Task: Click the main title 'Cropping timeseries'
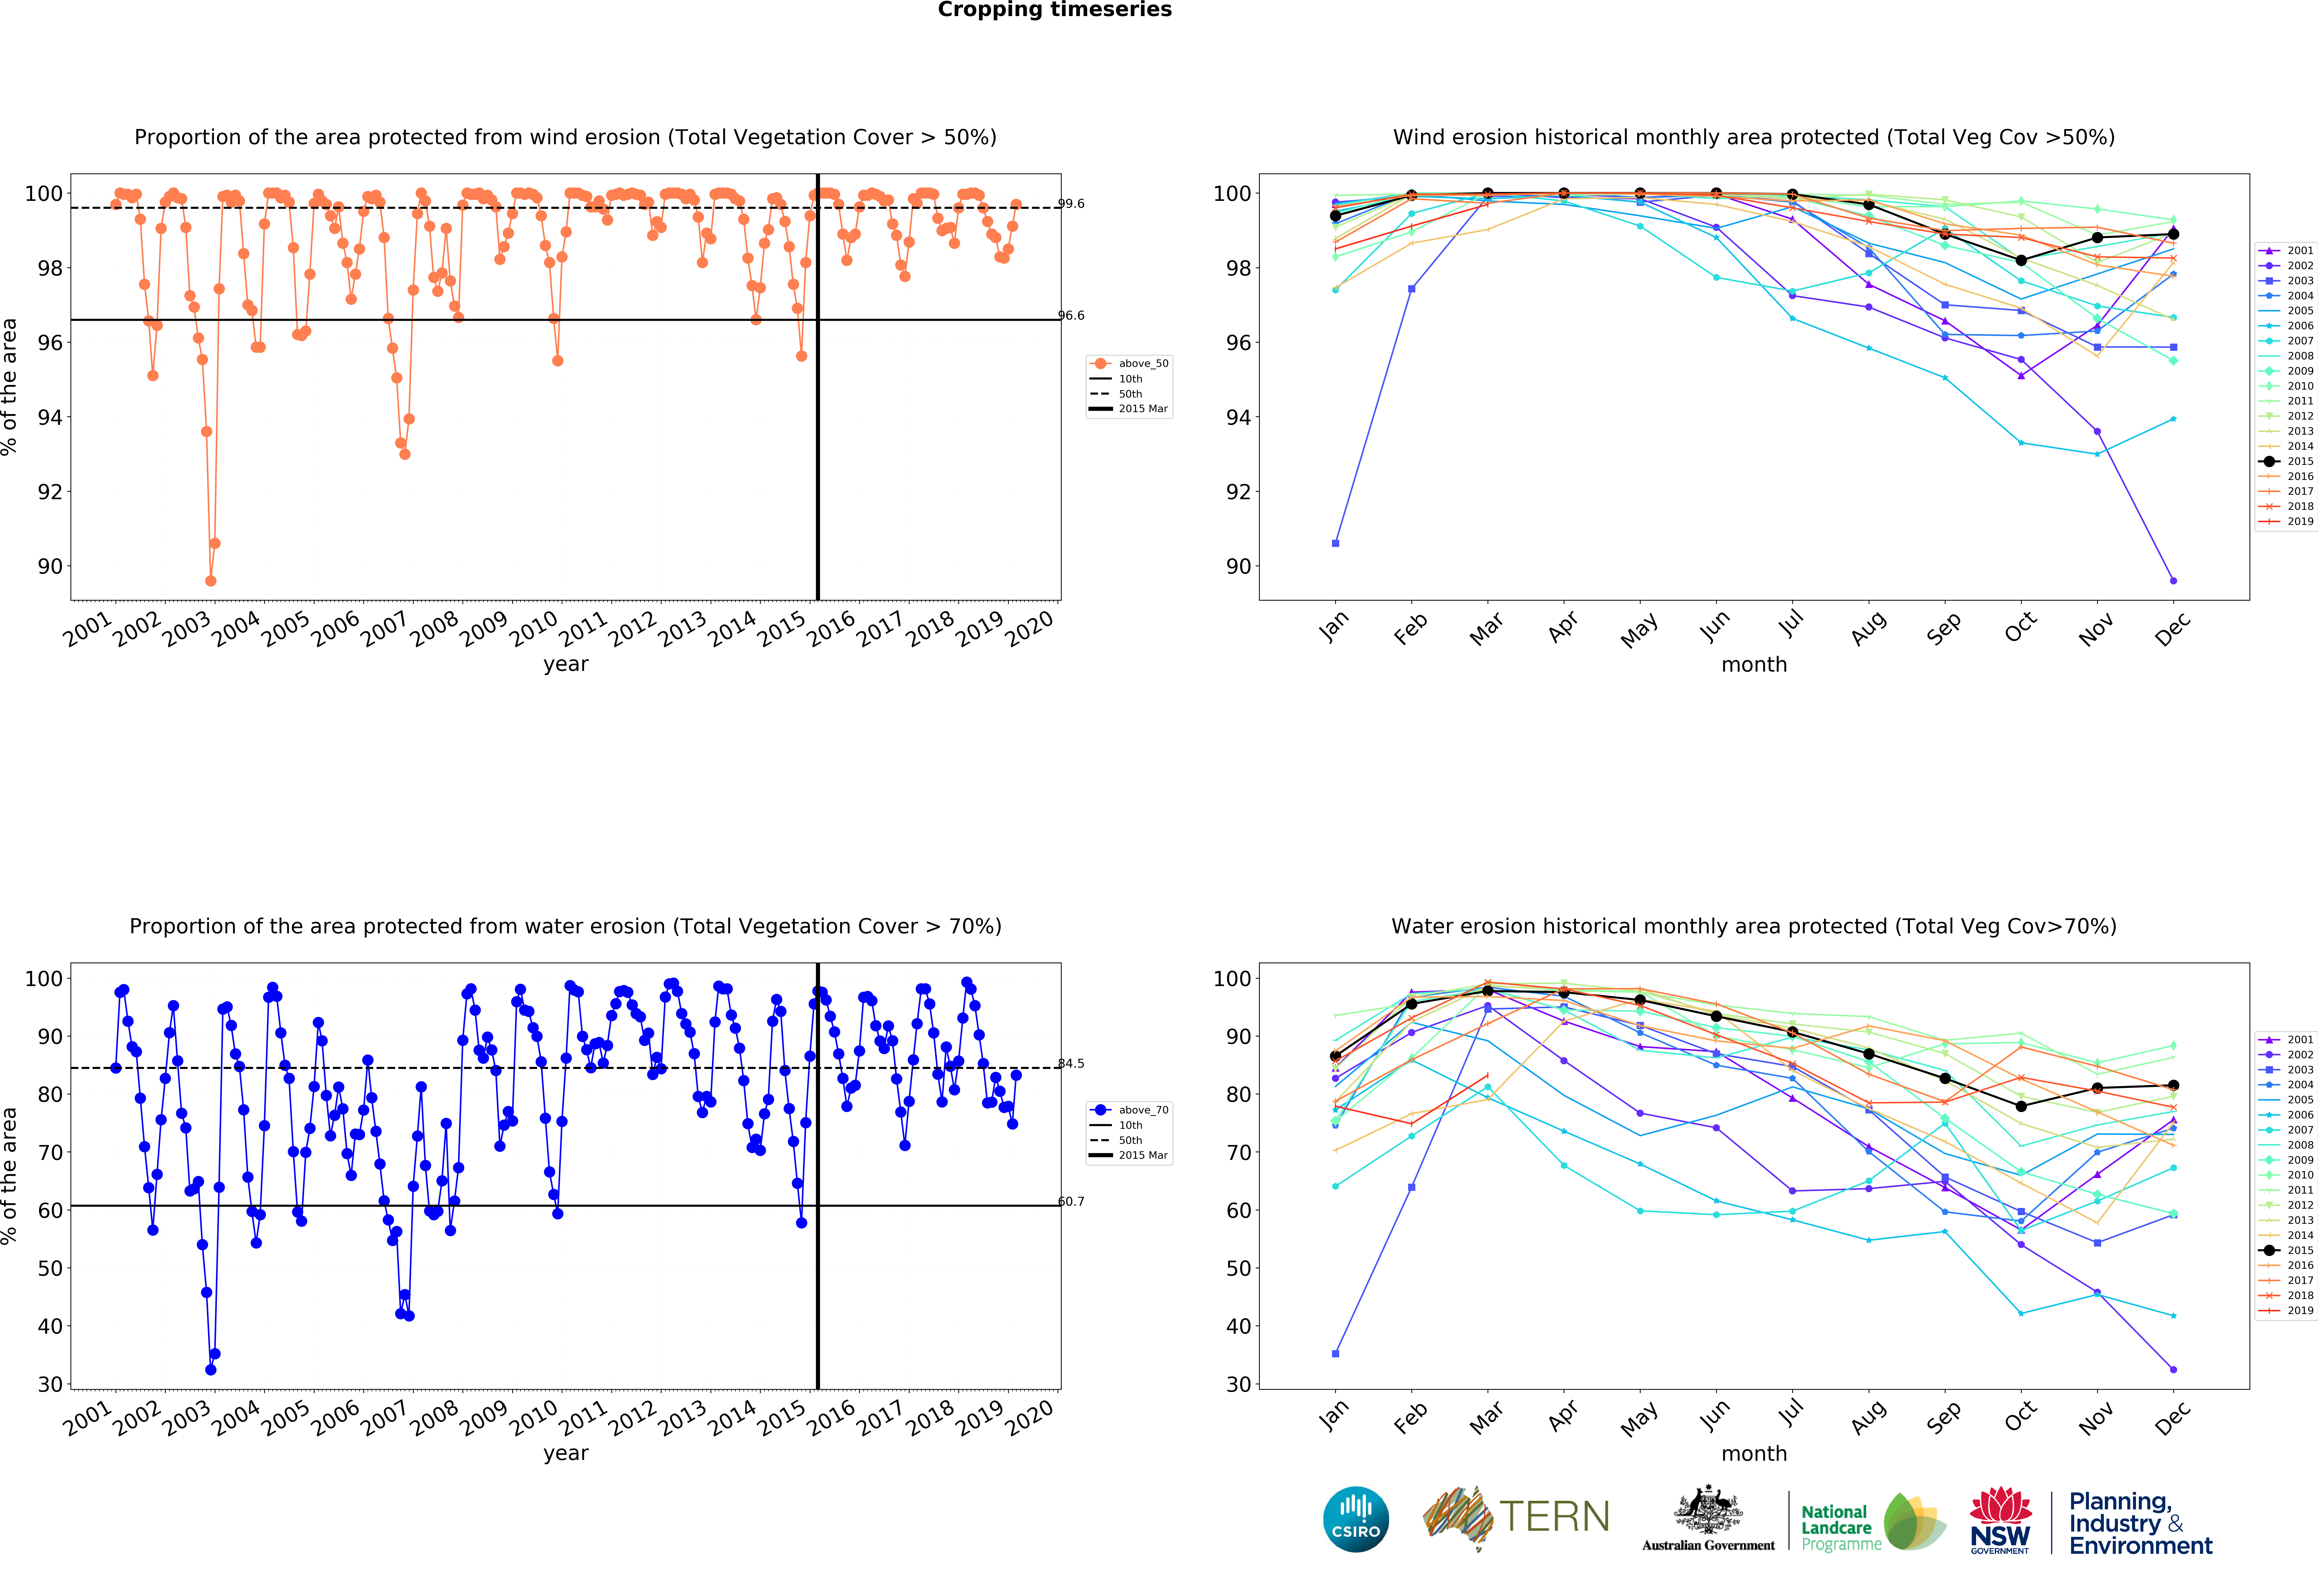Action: pyautogui.click(x=1054, y=10)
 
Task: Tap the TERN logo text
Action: pyautogui.click(x=1554, y=1517)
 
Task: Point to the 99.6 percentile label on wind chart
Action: pyautogui.click(x=1071, y=204)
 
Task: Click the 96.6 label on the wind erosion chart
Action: pyautogui.click(x=1071, y=315)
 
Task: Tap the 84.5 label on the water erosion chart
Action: pyautogui.click(x=1071, y=1063)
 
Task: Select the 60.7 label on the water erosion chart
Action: pyautogui.click(x=1071, y=1201)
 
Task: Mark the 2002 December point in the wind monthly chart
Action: pyautogui.click(x=2173, y=581)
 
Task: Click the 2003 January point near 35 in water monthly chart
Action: pyautogui.click(x=1335, y=1354)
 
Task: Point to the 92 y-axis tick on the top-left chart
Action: pyautogui.click(x=50, y=492)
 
